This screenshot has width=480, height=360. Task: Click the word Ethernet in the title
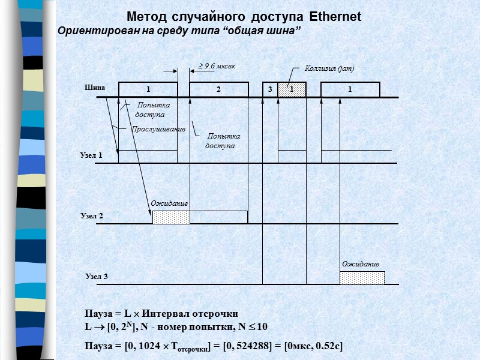pyautogui.click(x=335, y=17)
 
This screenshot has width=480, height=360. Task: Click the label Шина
pyautogui.click(x=95, y=88)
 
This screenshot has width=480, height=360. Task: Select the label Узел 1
pyautogui.click(x=91, y=155)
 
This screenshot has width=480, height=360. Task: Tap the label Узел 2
pyautogui.click(x=92, y=215)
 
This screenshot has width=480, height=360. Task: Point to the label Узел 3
pyautogui.click(x=96, y=277)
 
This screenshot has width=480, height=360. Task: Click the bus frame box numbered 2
pyautogui.click(x=218, y=89)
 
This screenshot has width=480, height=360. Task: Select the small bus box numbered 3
pyautogui.click(x=270, y=89)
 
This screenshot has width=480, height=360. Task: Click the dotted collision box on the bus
pyautogui.click(x=292, y=89)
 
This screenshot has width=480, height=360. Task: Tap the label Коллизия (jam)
pyautogui.click(x=329, y=68)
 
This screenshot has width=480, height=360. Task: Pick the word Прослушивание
pyautogui.click(x=158, y=129)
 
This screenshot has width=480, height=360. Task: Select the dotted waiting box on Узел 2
pyautogui.click(x=171, y=217)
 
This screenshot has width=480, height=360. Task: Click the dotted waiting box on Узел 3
pyautogui.click(x=362, y=278)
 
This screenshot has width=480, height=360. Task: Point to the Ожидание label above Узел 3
pyautogui.click(x=361, y=264)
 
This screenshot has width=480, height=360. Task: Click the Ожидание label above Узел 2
pyautogui.click(x=169, y=204)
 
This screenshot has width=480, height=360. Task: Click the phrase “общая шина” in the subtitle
pyautogui.click(x=262, y=31)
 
